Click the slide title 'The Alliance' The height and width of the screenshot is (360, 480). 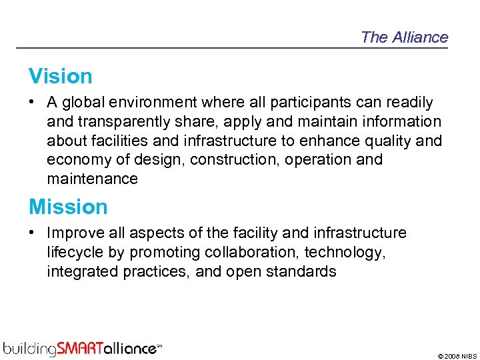pos(404,37)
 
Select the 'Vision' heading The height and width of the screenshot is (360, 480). pos(60,77)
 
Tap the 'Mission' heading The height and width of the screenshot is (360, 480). pos(68,207)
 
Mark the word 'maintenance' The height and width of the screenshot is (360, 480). pos(92,179)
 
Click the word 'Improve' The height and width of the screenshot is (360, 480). pos(73,233)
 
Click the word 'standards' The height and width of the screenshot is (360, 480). pos(304,271)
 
